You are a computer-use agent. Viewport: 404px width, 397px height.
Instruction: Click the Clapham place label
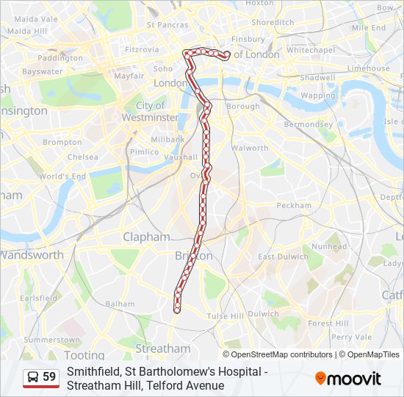click(146, 237)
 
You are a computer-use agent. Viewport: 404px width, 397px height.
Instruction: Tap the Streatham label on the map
click(162, 348)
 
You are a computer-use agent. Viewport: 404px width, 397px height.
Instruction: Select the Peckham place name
click(295, 206)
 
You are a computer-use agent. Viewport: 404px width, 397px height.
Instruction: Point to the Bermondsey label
click(309, 124)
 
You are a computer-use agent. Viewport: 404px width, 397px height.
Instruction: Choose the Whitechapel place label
click(310, 49)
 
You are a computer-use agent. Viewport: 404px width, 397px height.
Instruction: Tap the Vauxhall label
click(180, 157)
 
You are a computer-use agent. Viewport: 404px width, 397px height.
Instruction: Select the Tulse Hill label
click(225, 315)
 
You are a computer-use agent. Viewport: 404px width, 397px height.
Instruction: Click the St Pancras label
click(168, 24)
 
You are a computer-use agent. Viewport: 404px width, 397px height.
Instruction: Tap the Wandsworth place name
click(32, 255)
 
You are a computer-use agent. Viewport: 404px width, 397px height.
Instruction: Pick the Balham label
click(120, 304)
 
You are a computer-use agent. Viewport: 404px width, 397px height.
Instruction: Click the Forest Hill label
click(328, 323)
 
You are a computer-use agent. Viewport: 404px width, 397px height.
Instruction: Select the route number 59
click(49, 377)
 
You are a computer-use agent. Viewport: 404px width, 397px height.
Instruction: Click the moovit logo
click(348, 379)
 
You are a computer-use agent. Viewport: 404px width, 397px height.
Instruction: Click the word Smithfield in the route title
click(92, 372)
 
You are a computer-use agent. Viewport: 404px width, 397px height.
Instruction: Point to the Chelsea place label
click(82, 157)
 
